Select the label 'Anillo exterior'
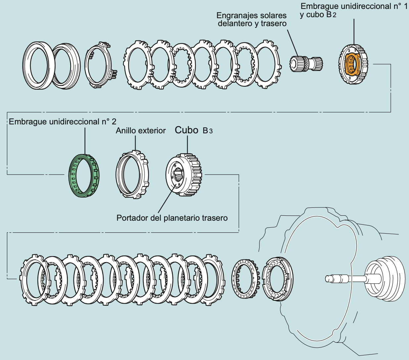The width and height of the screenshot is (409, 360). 141,131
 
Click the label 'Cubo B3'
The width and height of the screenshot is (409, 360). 194,130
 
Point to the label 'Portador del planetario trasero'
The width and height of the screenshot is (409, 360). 172,218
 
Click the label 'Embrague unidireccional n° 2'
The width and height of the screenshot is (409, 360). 63,122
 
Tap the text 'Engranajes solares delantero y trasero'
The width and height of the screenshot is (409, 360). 251,20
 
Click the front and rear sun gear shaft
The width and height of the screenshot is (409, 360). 306,63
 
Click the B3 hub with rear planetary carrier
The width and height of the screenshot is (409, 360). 184,174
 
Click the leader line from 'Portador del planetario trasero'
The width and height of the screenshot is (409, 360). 165,202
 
